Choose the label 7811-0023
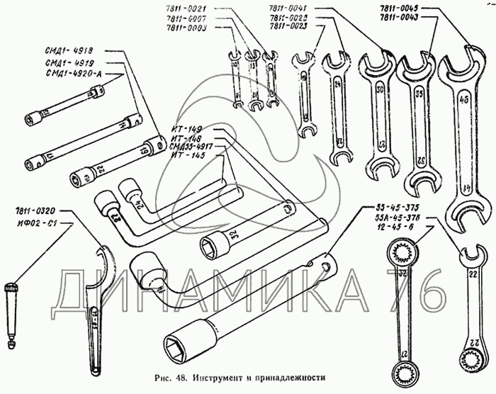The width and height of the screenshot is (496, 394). tap(289, 27)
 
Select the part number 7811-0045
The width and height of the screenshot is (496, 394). tap(400, 8)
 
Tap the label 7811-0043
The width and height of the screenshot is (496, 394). tap(400, 17)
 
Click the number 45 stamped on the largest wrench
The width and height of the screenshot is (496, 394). tap(463, 101)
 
